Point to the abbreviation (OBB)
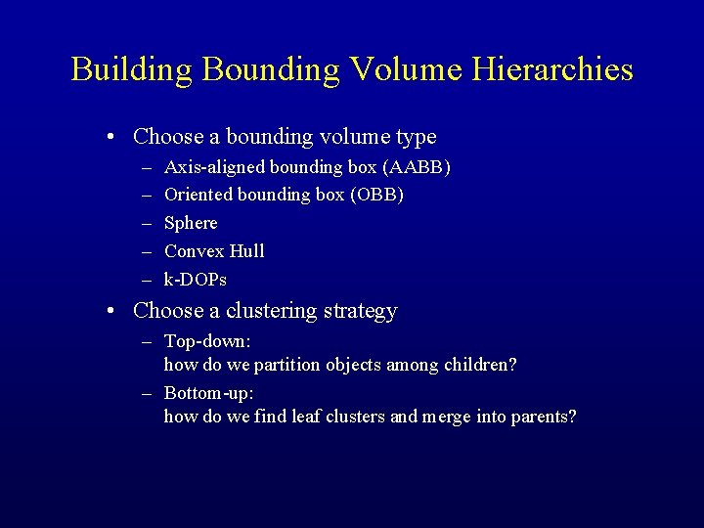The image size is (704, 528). click(x=376, y=195)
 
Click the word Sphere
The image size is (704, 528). click(x=191, y=223)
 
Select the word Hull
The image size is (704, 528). click(x=247, y=251)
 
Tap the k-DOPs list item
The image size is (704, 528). click(x=196, y=280)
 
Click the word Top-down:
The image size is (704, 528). click(x=208, y=341)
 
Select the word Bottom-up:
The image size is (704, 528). click(x=209, y=393)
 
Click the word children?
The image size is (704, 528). click(x=481, y=366)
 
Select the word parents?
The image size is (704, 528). click(x=543, y=418)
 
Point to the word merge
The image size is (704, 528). click(x=444, y=418)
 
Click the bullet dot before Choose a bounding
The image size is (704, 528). click(x=114, y=137)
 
